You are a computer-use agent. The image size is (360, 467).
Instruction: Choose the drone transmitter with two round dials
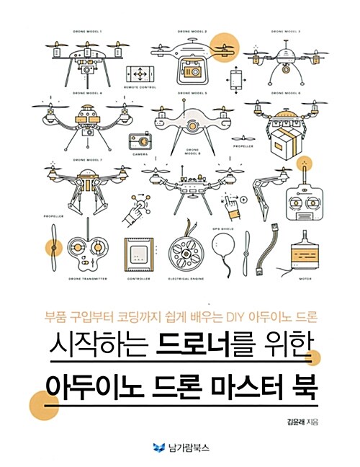[x=89, y=253]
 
